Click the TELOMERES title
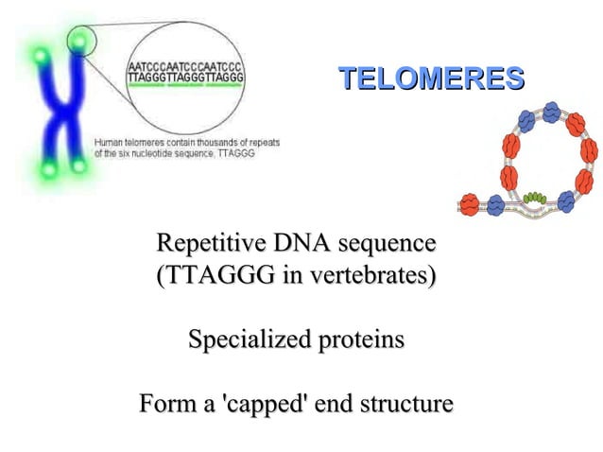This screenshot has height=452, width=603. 431,78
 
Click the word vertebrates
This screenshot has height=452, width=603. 368,278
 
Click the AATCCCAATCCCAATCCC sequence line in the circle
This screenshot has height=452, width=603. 186,68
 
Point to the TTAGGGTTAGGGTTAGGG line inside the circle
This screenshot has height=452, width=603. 186,78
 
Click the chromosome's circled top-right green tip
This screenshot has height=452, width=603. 80,41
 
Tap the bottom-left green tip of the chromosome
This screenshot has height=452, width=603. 44,170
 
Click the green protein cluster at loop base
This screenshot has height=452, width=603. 535,198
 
